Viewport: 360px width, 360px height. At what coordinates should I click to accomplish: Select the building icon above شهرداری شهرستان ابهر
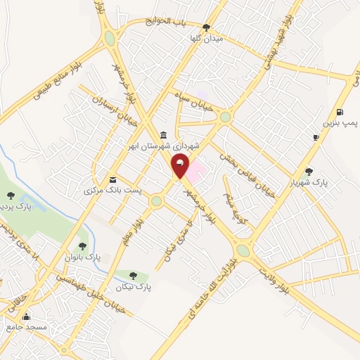(x=163, y=135)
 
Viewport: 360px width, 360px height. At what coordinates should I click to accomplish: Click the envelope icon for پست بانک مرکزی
(x=112, y=179)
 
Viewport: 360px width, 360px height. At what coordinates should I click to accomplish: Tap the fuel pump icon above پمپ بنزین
(x=340, y=112)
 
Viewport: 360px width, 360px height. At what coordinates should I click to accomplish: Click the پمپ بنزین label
(x=340, y=122)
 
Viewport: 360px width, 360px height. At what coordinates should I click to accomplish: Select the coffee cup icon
(x=316, y=136)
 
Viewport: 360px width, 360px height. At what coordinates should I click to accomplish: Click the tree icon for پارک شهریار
(x=309, y=171)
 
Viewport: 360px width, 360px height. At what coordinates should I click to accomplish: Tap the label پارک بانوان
(x=82, y=257)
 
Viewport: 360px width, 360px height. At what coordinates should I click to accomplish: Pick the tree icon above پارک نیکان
(x=133, y=276)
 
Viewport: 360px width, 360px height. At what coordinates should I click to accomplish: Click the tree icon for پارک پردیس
(x=10, y=195)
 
